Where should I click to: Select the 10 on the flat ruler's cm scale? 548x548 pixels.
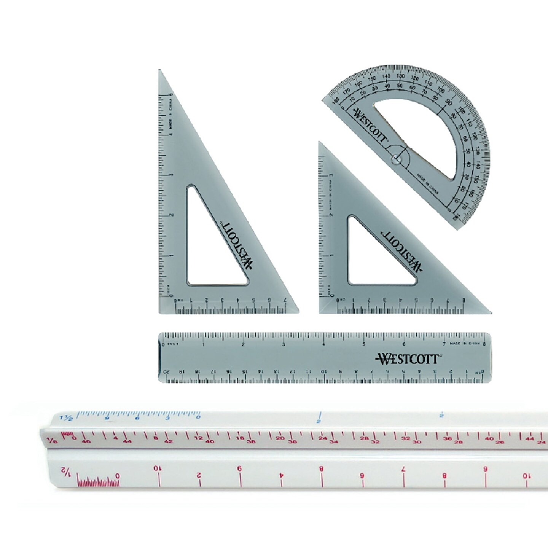323,371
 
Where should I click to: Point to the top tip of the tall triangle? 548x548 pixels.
160,71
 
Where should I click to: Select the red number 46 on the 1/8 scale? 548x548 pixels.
86,442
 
